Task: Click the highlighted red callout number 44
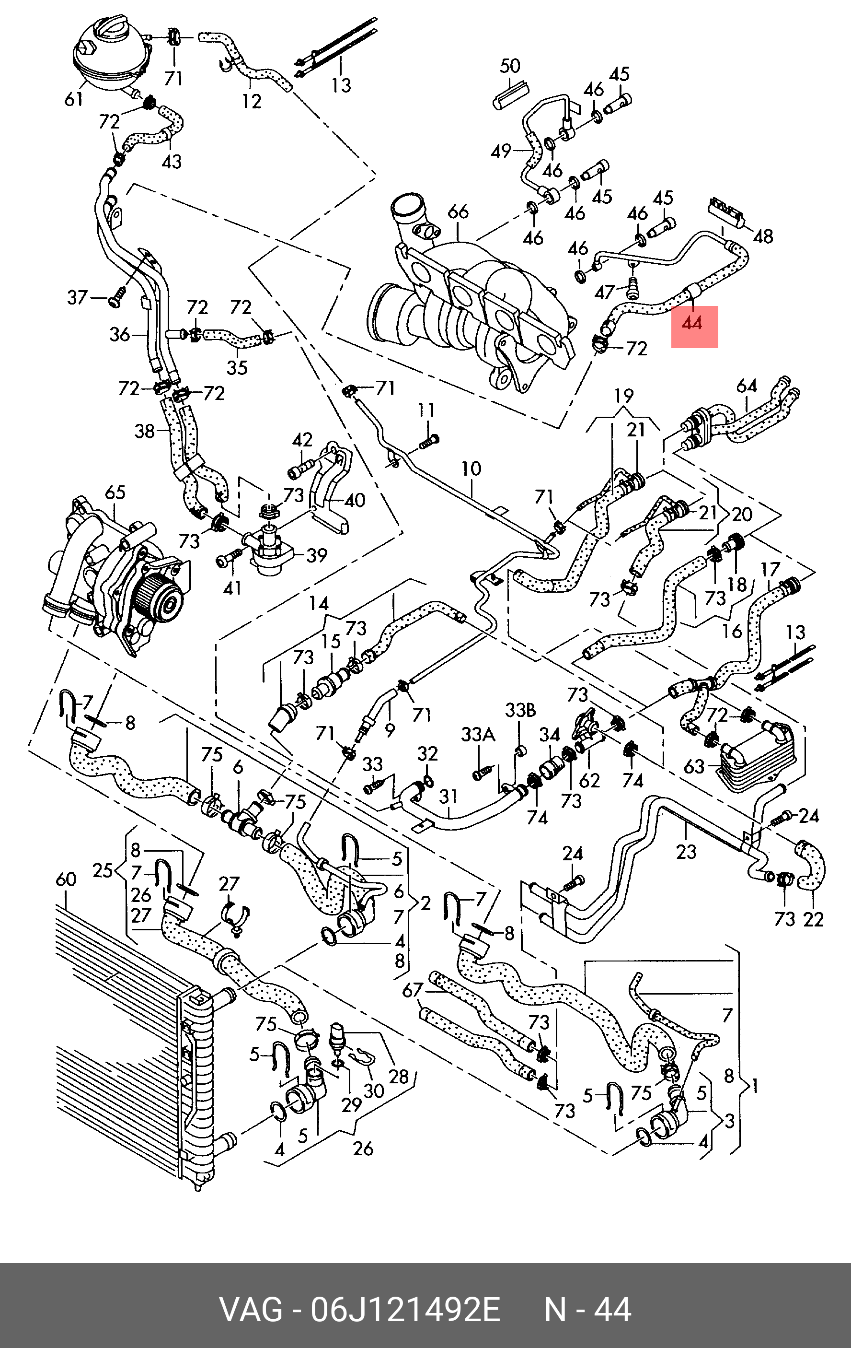[x=694, y=324]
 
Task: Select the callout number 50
[x=510, y=67]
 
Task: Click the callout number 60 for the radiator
[x=66, y=879]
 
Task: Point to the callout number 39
[x=317, y=555]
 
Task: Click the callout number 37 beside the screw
[x=78, y=297]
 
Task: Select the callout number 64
[x=747, y=386]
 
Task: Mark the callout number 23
[x=686, y=852]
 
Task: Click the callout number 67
[x=413, y=990]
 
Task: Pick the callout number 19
[x=623, y=396]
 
